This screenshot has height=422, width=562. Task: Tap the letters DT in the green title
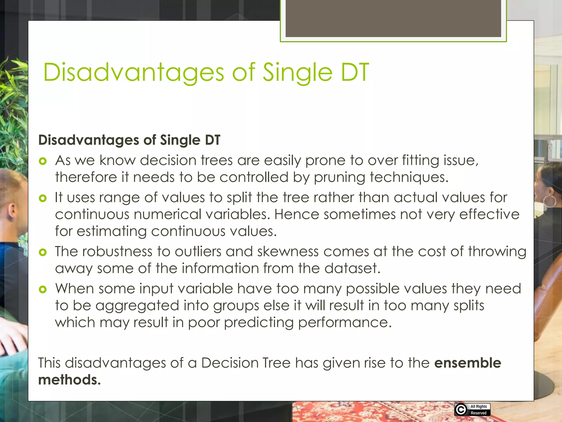coord(355,73)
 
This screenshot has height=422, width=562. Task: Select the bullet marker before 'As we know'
coord(43,161)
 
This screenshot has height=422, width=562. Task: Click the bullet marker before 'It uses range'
coord(43,198)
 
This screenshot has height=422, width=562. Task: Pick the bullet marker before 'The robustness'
coord(43,252)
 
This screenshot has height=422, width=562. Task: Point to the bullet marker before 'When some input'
coord(43,289)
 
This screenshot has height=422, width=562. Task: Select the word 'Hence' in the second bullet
coord(296,214)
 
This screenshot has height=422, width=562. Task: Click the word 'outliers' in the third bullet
coord(198,252)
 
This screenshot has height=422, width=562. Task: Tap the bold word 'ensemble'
coord(468,363)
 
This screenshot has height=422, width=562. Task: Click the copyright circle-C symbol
coord(461,410)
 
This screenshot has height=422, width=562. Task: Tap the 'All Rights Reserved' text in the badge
coord(479,410)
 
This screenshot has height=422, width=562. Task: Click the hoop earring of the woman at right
coord(550,201)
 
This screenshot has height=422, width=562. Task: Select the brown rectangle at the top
coord(393,18)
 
